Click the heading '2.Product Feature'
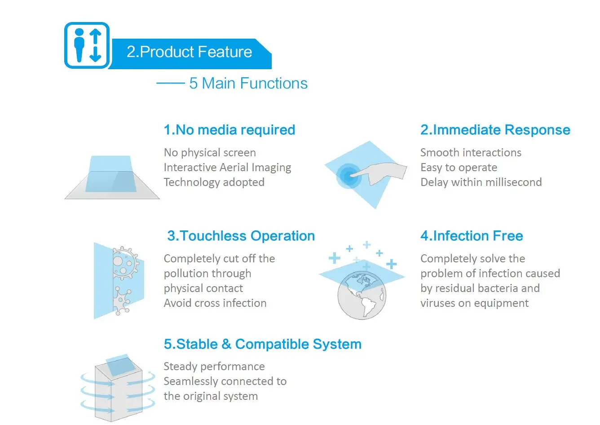click(190, 52)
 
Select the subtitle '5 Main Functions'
click(248, 83)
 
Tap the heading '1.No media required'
click(229, 130)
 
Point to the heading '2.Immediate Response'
click(495, 130)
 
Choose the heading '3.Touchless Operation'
click(241, 236)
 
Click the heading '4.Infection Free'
click(472, 236)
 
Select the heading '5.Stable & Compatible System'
click(262, 344)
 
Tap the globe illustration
click(362, 295)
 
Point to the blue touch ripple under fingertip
click(348, 176)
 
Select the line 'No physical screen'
click(210, 153)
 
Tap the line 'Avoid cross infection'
click(215, 303)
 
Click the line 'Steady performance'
click(214, 367)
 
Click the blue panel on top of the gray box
click(120, 365)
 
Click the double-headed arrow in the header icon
click(95, 45)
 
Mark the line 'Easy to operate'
click(459, 168)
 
